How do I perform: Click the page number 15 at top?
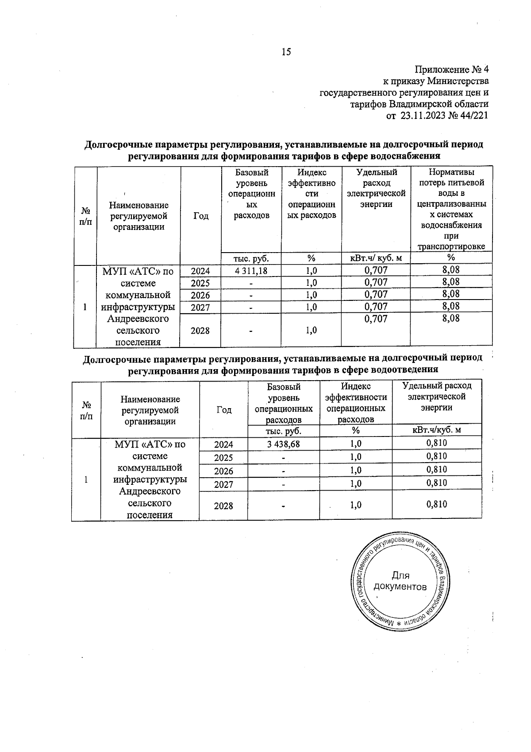pos(286,52)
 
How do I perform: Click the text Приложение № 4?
pos(451,70)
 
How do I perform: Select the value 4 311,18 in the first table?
pos(251,271)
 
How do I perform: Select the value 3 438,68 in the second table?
pos(283,444)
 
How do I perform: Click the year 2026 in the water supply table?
pos(200,295)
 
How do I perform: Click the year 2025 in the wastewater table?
pos(223,458)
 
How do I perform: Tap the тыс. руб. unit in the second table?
pos(283,430)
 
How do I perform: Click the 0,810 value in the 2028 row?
pos(437,504)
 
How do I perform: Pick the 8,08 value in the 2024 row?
pos(451,269)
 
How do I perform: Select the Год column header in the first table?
pos(201,216)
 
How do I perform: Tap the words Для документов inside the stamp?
pos(400,581)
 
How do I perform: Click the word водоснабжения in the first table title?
pos(407,156)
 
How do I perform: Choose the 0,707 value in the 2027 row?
pos(376,306)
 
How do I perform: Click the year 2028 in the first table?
pos(200,331)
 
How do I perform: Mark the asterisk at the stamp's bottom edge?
pos(398,623)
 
